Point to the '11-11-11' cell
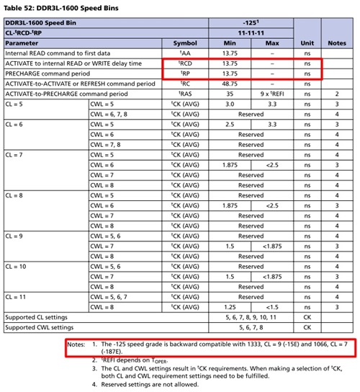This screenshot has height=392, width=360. (x=250, y=33)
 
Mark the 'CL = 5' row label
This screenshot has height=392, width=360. (x=16, y=104)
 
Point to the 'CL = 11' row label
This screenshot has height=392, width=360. (x=17, y=295)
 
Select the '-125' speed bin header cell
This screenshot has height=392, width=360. (x=250, y=23)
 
